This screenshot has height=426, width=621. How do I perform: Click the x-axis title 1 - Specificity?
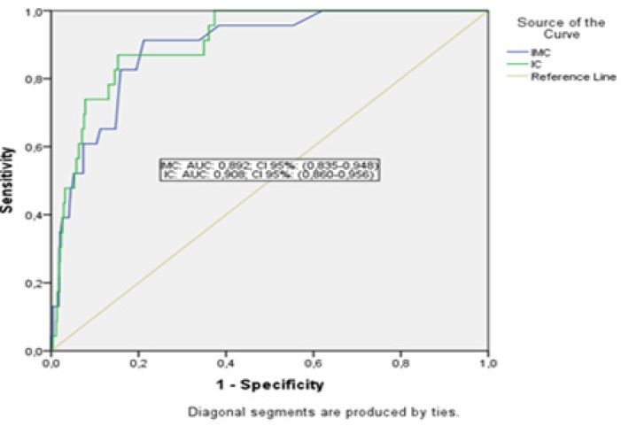268,385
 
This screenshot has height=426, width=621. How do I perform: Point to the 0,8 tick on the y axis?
35,79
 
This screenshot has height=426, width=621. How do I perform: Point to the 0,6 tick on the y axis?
35,147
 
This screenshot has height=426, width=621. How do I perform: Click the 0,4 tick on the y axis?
35,215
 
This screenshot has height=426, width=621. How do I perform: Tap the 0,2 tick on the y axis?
35,283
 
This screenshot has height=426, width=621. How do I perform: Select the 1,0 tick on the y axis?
35,12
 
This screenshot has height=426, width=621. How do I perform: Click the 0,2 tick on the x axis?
138,363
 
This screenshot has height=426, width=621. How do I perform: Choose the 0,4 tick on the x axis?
226,363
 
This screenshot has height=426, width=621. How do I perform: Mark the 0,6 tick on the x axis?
314,363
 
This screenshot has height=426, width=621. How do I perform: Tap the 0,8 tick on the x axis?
400,363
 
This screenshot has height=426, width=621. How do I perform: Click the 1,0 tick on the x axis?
487,363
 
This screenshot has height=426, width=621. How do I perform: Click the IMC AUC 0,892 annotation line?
269,165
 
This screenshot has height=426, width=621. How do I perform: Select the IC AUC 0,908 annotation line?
269,175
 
